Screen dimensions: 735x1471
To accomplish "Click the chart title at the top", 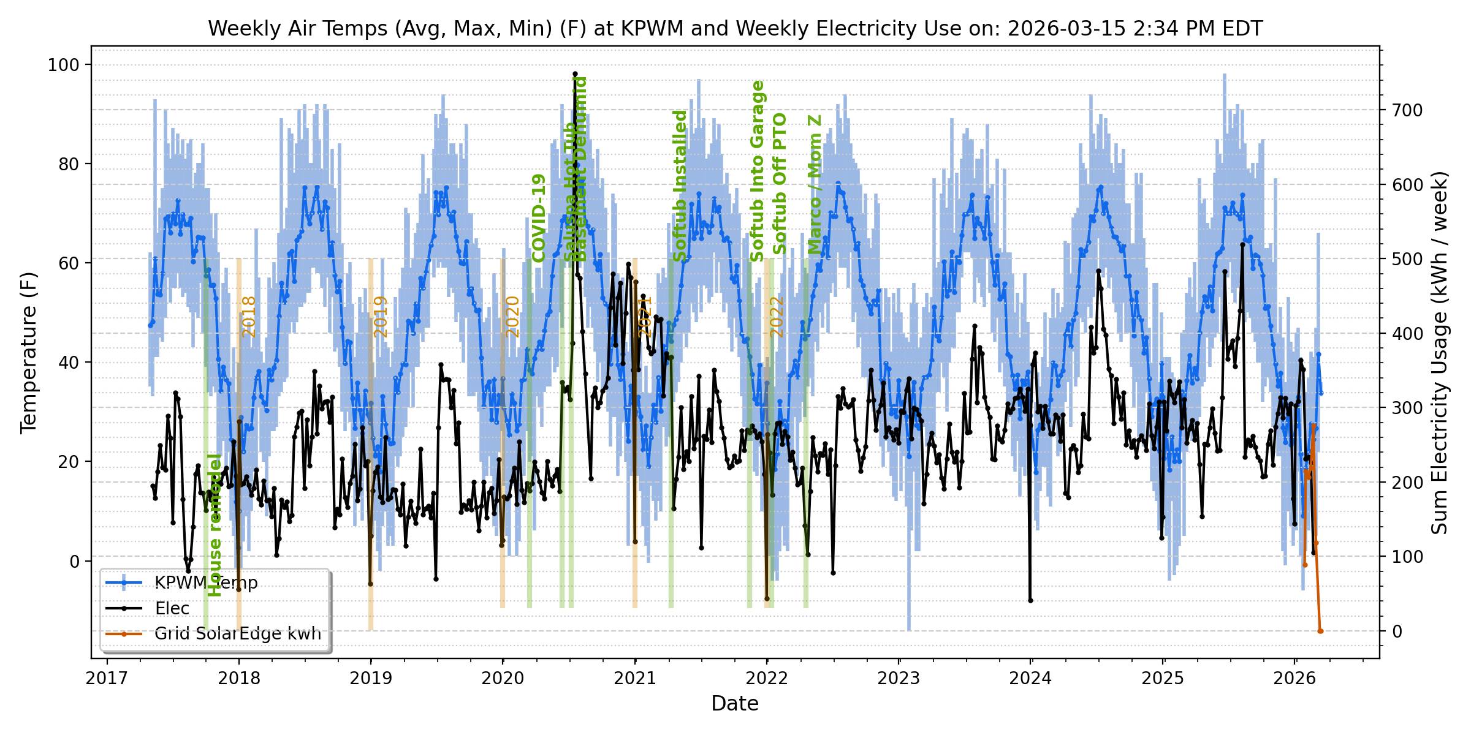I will pyautogui.click(x=735, y=29).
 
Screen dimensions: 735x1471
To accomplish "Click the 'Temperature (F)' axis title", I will pyautogui.click(x=29, y=352).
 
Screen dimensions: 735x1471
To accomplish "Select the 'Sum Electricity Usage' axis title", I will pyautogui.click(x=1440, y=352).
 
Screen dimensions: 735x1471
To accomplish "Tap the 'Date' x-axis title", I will pyautogui.click(x=735, y=704).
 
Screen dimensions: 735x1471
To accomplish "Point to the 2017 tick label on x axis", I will pyautogui.click(x=107, y=678).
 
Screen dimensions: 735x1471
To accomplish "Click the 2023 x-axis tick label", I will pyautogui.click(x=899, y=678).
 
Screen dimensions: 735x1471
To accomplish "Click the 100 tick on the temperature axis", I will pyautogui.click(x=64, y=64).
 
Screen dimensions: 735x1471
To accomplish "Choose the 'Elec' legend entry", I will pyautogui.click(x=172, y=608).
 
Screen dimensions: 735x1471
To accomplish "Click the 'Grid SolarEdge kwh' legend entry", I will pyautogui.click(x=238, y=633).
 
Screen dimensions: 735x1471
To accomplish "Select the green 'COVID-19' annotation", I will pyautogui.click(x=539, y=218).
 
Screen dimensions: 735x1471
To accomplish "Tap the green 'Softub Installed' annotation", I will pyautogui.click(x=680, y=186).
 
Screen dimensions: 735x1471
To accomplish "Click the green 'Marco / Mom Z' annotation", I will pyautogui.click(x=815, y=184).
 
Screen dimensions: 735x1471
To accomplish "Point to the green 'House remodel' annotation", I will pyautogui.click(x=215, y=525).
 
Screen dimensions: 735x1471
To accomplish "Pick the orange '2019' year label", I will pyautogui.click(x=381, y=317).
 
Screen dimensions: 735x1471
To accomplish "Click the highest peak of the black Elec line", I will pyautogui.click(x=575, y=74).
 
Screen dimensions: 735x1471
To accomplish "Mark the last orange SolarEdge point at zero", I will pyautogui.click(x=1321, y=631).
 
